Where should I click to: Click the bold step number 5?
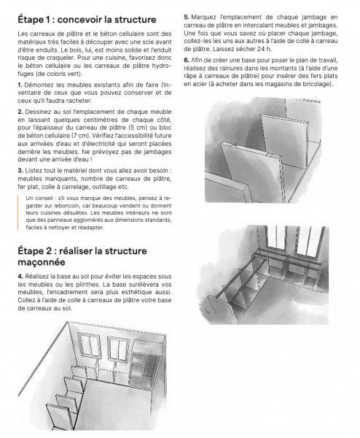[x=187, y=15]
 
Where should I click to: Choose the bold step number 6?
[x=187, y=59]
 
